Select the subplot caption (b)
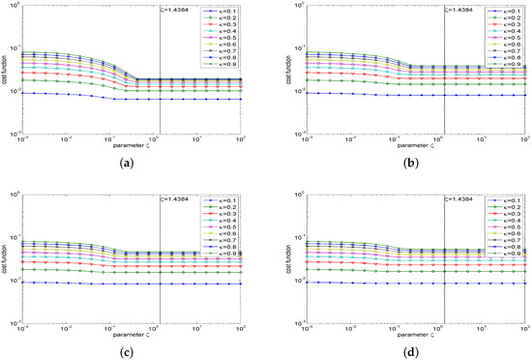click(x=399, y=164)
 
